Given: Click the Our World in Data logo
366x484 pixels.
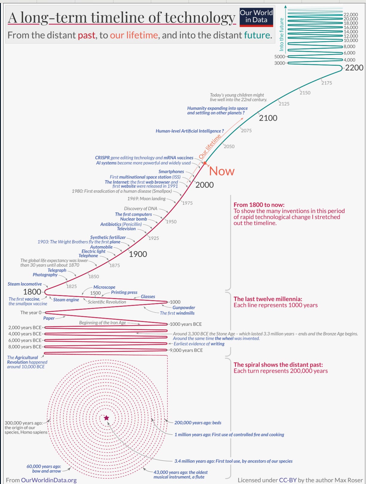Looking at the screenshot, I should coord(256,17).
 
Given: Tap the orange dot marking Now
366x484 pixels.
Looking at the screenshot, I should coord(205,163).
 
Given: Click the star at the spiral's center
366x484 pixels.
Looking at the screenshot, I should coord(106,418).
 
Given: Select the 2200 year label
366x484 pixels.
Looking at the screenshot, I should coord(354,68).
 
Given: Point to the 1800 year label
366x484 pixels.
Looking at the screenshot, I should coord(32,292).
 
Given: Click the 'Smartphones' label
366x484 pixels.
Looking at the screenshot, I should coord(171,171).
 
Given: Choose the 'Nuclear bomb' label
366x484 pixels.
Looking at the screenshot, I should coord(134,219).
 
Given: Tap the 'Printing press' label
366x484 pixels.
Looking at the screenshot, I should coord(124,292).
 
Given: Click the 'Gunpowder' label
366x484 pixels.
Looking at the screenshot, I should coord(184,307).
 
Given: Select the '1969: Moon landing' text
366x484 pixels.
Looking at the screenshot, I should coord(146,199).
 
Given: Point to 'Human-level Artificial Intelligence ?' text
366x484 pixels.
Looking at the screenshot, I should coord(190,131).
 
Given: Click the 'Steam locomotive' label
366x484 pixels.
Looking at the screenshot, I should coord(25,284).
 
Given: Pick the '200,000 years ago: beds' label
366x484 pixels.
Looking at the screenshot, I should coord(198,423).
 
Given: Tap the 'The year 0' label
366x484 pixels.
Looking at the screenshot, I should coord(31,313).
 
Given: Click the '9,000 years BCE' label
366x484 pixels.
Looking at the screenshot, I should coord(186,350).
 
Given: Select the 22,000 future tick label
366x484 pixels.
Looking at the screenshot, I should coord(351,15).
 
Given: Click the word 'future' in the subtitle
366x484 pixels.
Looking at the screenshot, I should coord(257,35).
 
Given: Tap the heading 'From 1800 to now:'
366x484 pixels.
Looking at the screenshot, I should coord(259,205).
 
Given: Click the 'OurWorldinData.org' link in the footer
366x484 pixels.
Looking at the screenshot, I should coord(49,480).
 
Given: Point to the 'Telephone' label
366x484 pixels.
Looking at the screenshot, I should coord(88,256).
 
